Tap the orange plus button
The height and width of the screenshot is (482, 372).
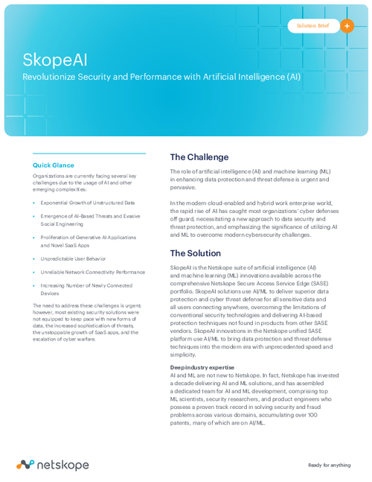tap(347, 25)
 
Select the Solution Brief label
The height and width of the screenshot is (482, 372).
tap(312, 25)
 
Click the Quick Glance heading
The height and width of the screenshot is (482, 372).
tap(54, 165)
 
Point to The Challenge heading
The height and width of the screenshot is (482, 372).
tap(199, 157)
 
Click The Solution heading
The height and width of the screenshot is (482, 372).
tap(196, 253)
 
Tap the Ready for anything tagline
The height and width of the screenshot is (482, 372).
tap(329, 465)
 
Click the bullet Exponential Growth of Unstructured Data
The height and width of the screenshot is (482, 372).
tap(88, 203)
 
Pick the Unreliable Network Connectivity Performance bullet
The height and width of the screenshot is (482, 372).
tap(93, 272)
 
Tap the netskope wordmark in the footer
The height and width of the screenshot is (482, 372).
tap(62, 465)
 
